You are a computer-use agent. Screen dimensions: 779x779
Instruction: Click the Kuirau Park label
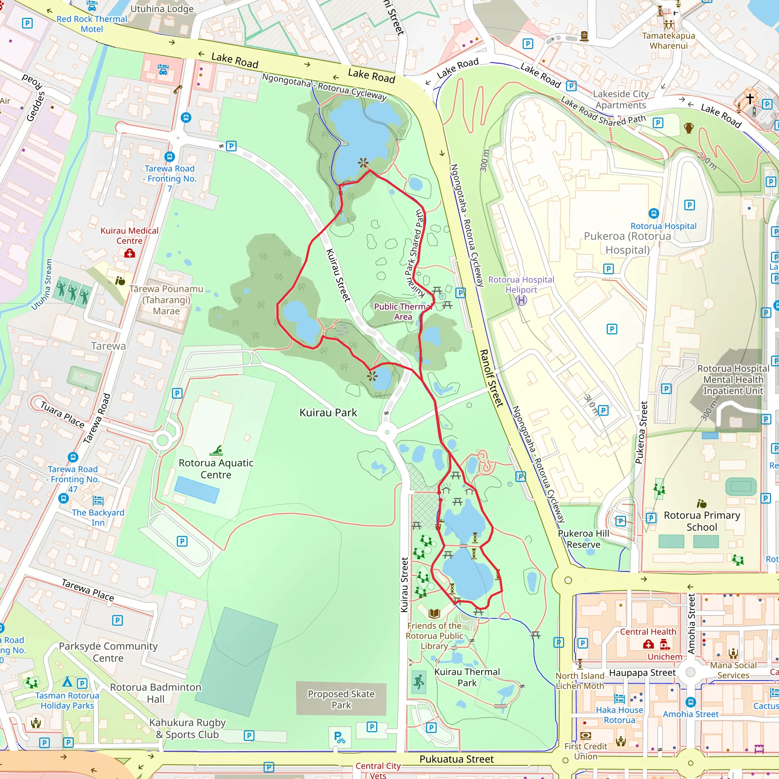(328, 412)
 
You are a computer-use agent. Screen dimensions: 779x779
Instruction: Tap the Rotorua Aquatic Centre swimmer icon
(216, 450)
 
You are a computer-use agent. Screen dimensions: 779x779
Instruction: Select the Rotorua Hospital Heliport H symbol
(521, 300)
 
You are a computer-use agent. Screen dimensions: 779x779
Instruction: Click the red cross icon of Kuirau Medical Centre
(129, 253)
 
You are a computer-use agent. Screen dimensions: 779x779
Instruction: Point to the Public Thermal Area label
(402, 311)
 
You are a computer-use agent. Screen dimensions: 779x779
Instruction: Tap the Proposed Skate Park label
(341, 699)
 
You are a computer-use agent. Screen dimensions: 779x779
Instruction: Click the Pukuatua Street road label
(456, 759)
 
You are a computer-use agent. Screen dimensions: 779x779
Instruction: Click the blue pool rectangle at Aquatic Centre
(197, 490)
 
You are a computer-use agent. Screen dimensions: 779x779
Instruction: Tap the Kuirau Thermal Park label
(467, 677)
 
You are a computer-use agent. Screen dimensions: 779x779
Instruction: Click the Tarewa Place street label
(88, 590)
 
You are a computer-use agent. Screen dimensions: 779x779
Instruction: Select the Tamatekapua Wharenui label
(669, 40)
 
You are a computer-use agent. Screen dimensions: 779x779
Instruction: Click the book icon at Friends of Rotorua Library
(434, 614)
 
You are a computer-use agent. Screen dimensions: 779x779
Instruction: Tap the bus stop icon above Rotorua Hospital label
(653, 213)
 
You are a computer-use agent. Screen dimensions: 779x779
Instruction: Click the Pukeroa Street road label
(641, 432)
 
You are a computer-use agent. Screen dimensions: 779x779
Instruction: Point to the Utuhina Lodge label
(162, 8)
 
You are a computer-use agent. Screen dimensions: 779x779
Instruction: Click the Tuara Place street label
(62, 414)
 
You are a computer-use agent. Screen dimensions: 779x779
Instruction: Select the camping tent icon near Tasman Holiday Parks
(67, 681)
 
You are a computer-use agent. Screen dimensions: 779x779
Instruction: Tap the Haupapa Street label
(642, 672)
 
